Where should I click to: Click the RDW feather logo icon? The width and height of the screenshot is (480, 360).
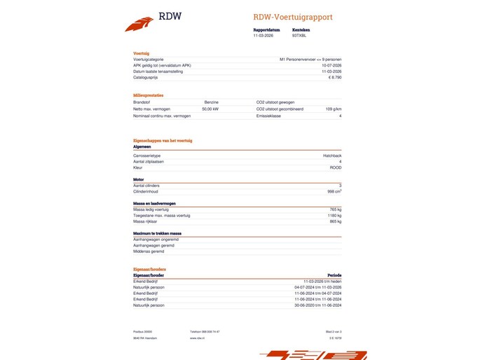(139, 24)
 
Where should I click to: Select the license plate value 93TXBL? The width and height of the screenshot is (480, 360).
(300, 35)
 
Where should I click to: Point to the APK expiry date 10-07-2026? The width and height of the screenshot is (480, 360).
(331, 66)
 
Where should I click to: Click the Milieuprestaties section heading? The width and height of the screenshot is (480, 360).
(148, 95)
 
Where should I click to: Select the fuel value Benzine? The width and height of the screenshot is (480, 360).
(211, 102)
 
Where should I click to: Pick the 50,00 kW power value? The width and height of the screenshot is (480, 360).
(210, 109)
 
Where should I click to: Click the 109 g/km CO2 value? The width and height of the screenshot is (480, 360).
(334, 109)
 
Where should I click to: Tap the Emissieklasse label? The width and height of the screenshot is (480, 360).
(268, 116)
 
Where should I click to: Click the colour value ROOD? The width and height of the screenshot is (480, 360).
(336, 168)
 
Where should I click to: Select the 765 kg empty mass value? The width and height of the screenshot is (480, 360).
(335, 209)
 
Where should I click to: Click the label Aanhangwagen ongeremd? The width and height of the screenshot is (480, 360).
(156, 239)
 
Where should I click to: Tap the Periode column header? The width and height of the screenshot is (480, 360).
(334, 275)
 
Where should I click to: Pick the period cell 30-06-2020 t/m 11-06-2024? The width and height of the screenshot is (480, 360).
(318, 305)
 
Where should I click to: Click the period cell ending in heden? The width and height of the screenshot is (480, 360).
(322, 282)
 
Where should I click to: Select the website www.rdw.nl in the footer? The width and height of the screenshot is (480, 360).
(197, 338)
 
